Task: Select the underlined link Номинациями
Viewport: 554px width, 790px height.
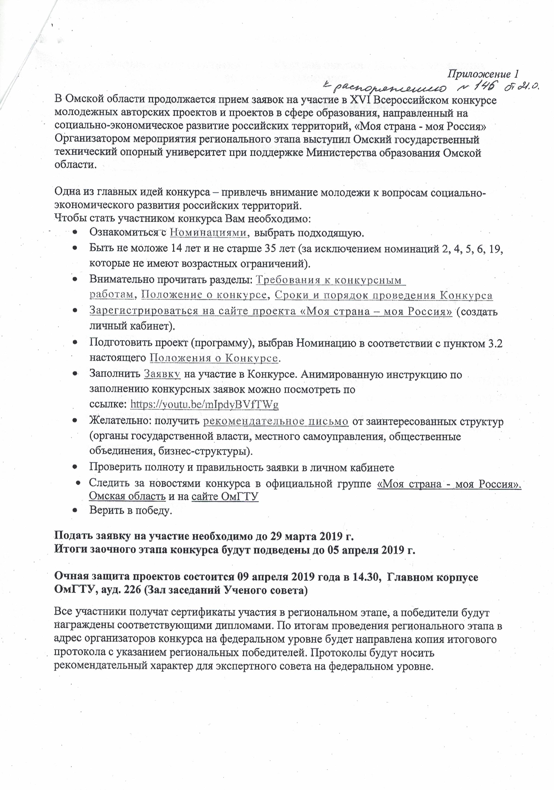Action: [x=209, y=233]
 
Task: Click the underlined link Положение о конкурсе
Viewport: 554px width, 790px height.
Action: [x=204, y=295]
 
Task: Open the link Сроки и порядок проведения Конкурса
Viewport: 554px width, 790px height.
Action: [x=384, y=295]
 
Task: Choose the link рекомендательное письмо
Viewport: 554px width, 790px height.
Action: [x=276, y=421]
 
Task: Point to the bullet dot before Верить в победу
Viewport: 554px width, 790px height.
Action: [x=75, y=511]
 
